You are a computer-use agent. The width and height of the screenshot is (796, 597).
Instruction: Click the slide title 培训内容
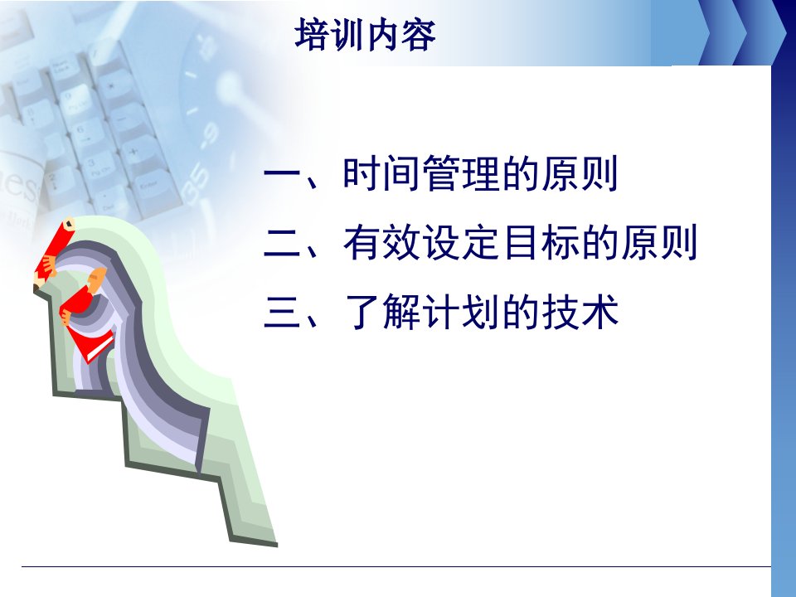[365, 35]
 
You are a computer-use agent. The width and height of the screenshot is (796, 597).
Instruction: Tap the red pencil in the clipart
[53, 254]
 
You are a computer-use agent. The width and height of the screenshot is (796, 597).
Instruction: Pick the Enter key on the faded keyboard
[150, 187]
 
